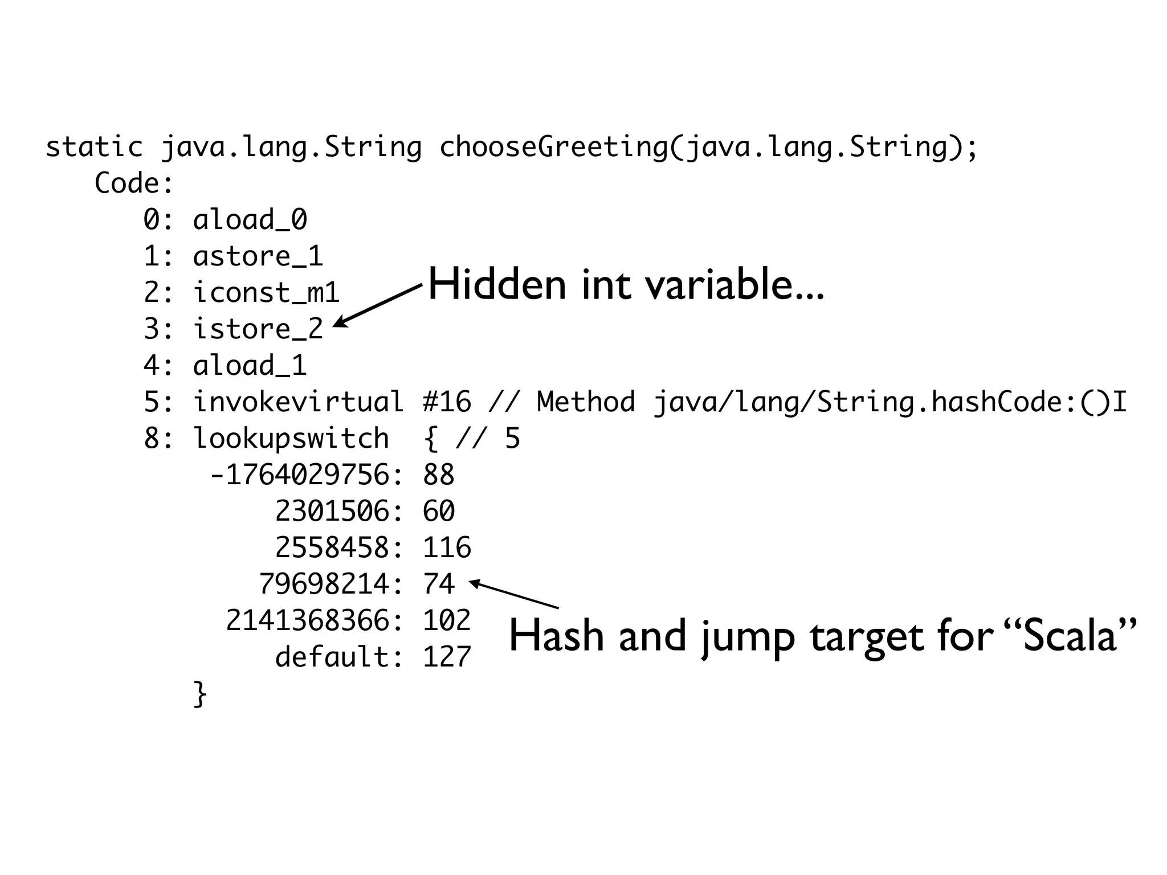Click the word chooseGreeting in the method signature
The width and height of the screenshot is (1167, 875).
pyautogui.click(x=553, y=147)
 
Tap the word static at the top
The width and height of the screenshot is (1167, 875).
pyautogui.click(x=94, y=147)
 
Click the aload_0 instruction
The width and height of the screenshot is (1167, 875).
pyautogui.click(x=250, y=220)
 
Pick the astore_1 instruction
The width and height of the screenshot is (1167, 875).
pyautogui.click(x=258, y=256)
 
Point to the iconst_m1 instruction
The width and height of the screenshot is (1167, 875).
pyautogui.click(x=266, y=293)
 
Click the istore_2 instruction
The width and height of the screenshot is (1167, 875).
pyautogui.click(x=258, y=329)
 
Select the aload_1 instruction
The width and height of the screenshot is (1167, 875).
pyautogui.click(x=250, y=366)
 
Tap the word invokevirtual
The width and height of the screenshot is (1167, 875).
pyautogui.click(x=299, y=402)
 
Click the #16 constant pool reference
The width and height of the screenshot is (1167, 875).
pyautogui.click(x=447, y=402)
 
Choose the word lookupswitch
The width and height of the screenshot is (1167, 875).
pyautogui.click(x=291, y=439)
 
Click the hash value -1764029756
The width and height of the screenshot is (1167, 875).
pyautogui.click(x=300, y=475)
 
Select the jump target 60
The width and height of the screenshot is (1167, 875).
pyautogui.click(x=439, y=512)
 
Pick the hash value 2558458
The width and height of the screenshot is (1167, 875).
pyautogui.click(x=333, y=548)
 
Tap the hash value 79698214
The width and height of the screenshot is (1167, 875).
pyautogui.click(x=325, y=584)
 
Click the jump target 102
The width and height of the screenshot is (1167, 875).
pyautogui.click(x=447, y=621)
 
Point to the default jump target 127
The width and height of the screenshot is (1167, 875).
pyautogui.click(x=447, y=657)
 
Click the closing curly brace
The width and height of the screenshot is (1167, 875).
pyautogui.click(x=200, y=694)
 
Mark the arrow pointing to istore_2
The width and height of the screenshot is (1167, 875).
pyautogui.click(x=376, y=305)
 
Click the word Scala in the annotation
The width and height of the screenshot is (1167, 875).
pyautogui.click(x=1069, y=636)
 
